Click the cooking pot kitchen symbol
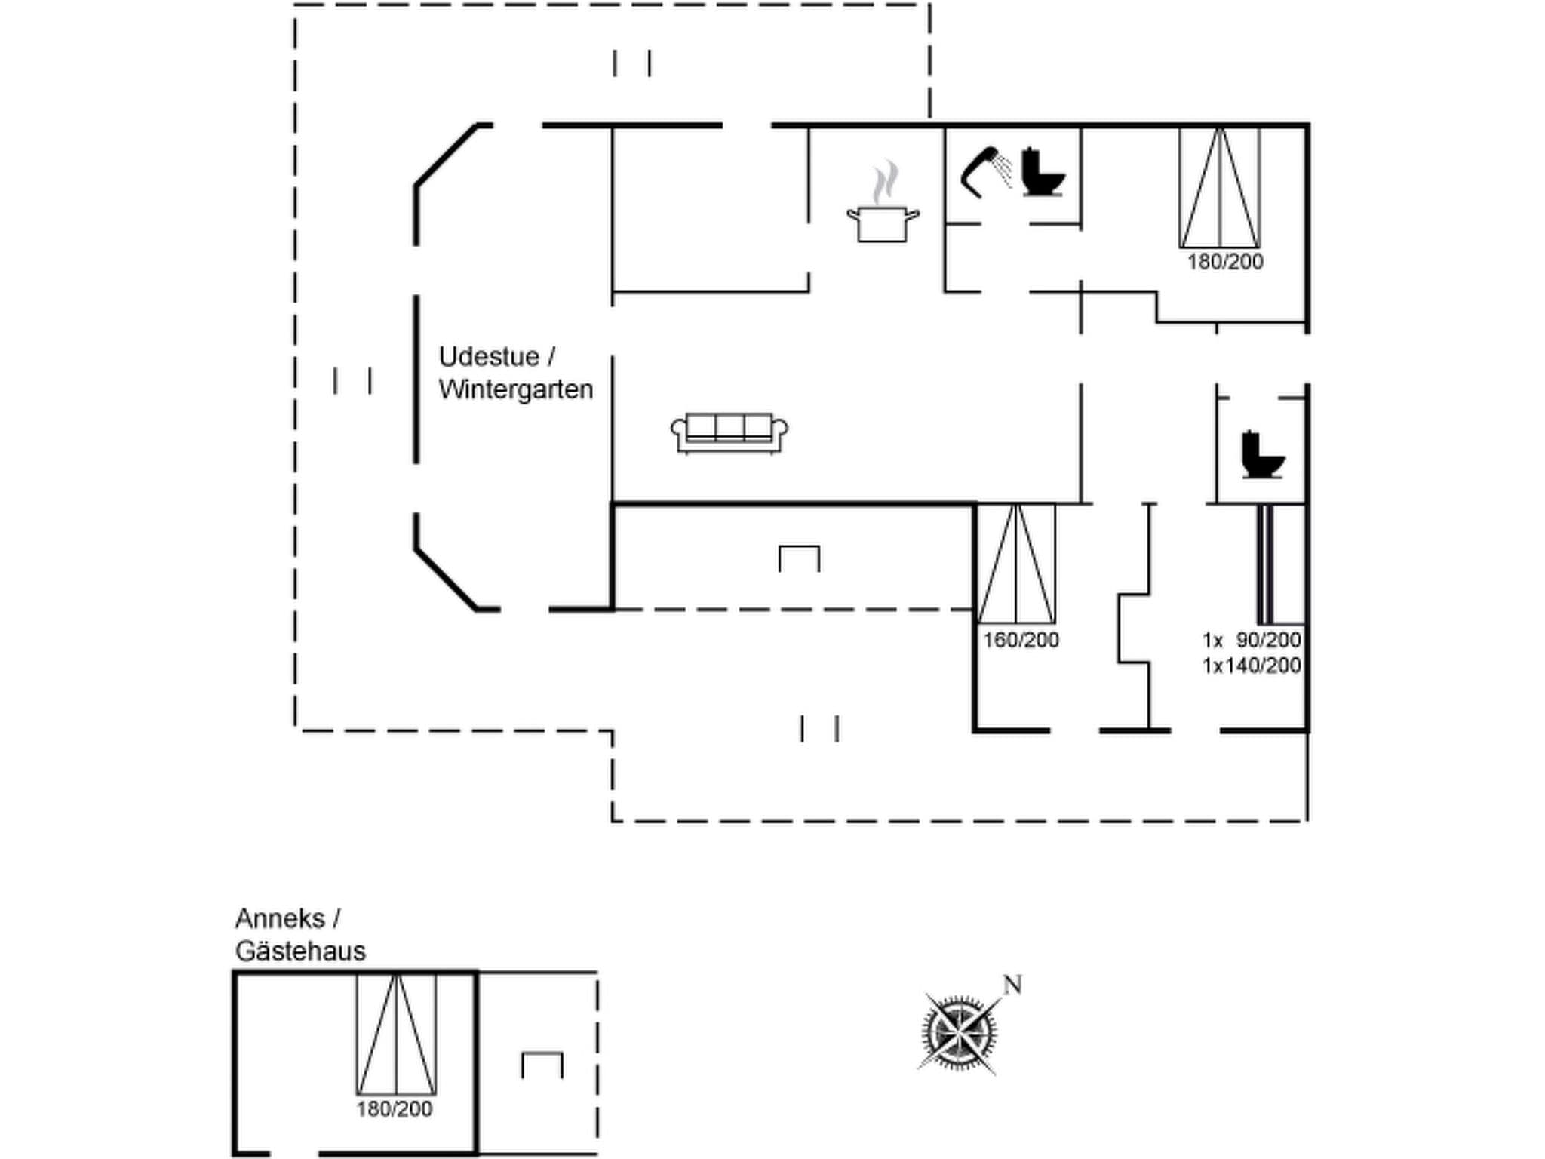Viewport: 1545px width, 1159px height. coord(883,223)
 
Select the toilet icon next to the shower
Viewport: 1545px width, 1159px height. coord(1043,174)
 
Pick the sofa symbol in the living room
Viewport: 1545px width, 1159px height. coord(729,433)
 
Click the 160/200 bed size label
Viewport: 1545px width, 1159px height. coord(1021,640)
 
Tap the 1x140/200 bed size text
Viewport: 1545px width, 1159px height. coord(1252,666)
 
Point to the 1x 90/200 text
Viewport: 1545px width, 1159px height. coord(1252,640)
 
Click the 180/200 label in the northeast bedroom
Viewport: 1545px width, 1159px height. coord(1225,262)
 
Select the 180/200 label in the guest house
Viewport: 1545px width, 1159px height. coord(395,1109)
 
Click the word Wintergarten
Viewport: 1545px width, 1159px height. coord(516,389)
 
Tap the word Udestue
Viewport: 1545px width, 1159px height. coord(489,356)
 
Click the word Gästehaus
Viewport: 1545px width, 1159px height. coord(300,951)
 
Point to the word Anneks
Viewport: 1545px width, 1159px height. coord(280,918)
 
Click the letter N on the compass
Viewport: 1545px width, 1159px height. coord(1012,985)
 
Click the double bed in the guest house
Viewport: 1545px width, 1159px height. coord(396,1034)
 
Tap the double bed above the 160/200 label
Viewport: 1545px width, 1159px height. coord(1016,563)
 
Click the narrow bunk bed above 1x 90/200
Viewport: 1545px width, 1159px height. coord(1265,564)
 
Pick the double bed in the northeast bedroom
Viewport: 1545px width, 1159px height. coord(1220,188)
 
